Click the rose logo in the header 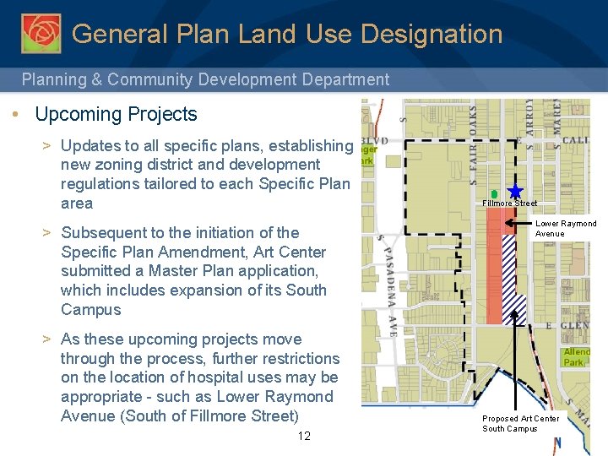coord(41,33)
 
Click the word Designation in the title coord(432,35)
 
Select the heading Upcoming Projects coord(116,115)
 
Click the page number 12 coord(304,436)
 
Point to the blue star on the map coord(515,193)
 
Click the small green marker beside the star coord(494,194)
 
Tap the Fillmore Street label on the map coord(509,204)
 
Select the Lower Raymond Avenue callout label coord(566,229)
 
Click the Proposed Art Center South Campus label coord(520,424)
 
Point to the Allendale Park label coord(577,356)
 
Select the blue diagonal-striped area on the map coord(514,279)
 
